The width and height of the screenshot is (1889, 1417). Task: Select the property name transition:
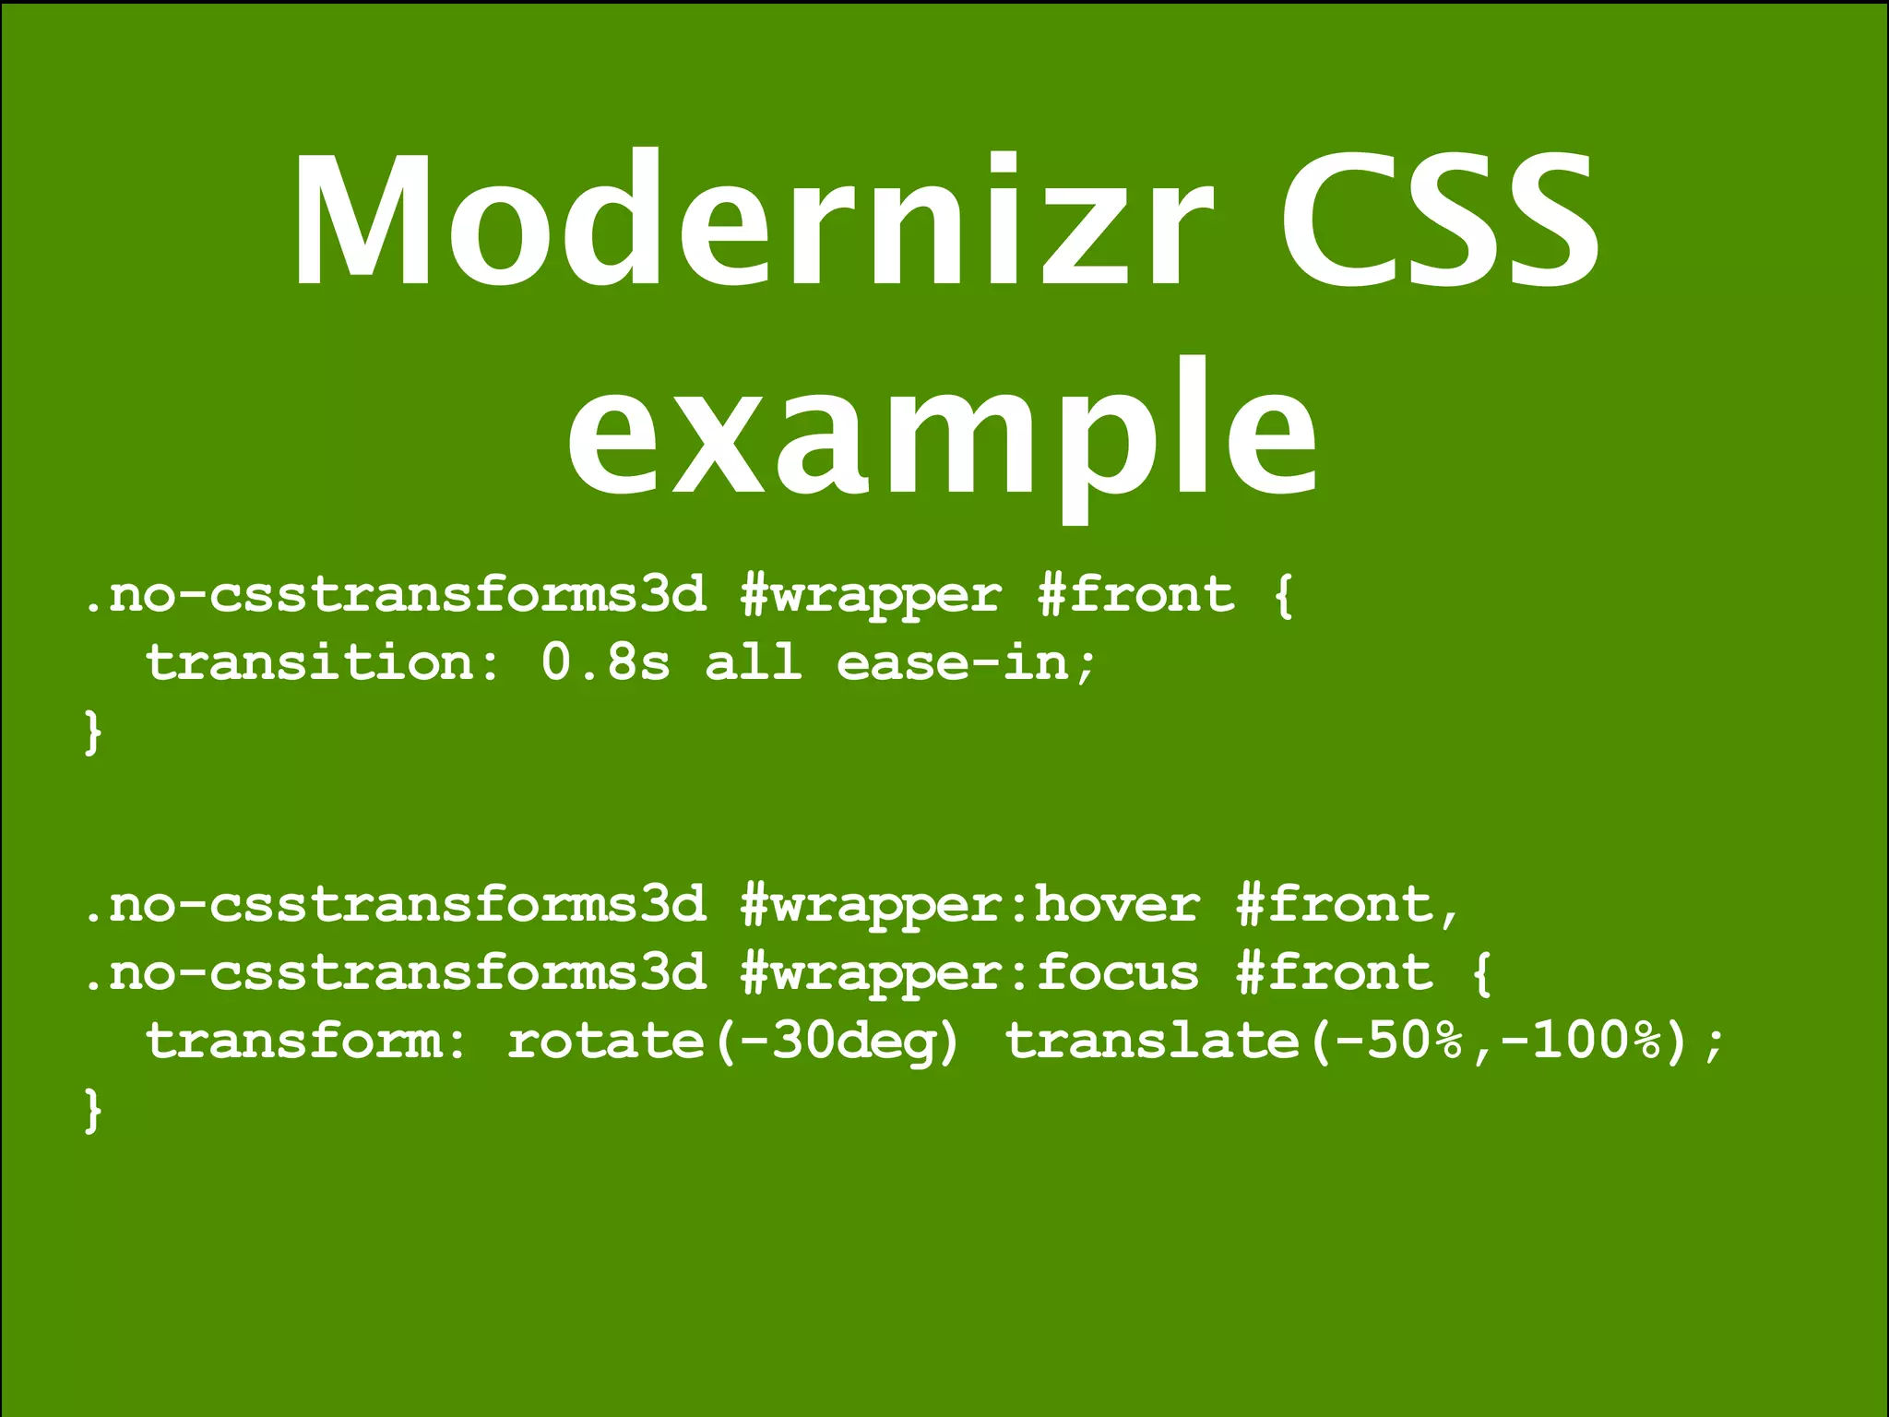click(x=324, y=663)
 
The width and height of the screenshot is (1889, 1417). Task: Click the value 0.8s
click(x=605, y=663)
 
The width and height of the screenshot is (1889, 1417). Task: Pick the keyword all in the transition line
click(x=754, y=663)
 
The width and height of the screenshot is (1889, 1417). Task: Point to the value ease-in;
click(x=967, y=663)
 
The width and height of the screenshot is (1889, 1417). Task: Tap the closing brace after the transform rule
click(x=92, y=1110)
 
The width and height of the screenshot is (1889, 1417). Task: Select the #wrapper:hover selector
click(x=970, y=905)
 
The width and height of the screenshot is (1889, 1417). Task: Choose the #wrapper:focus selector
click(x=970, y=973)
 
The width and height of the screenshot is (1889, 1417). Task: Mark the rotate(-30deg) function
click(x=734, y=1042)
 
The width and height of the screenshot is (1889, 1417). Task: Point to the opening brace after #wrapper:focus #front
click(x=1481, y=973)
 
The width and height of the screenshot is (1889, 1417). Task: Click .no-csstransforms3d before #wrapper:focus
click(x=394, y=973)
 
